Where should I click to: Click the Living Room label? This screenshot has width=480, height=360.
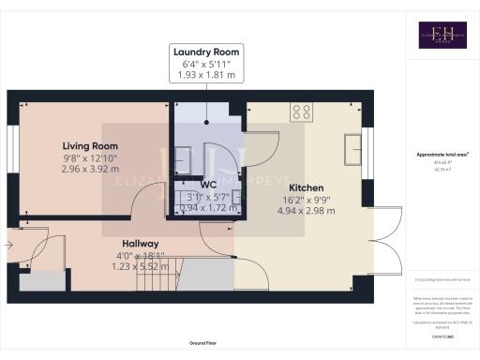90,146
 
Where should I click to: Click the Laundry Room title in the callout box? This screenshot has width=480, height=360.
207,52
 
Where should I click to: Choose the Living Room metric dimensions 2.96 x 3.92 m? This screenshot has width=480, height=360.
90,171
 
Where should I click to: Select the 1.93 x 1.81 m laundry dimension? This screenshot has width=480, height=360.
207,75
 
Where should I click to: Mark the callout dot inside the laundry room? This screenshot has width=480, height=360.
207,121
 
